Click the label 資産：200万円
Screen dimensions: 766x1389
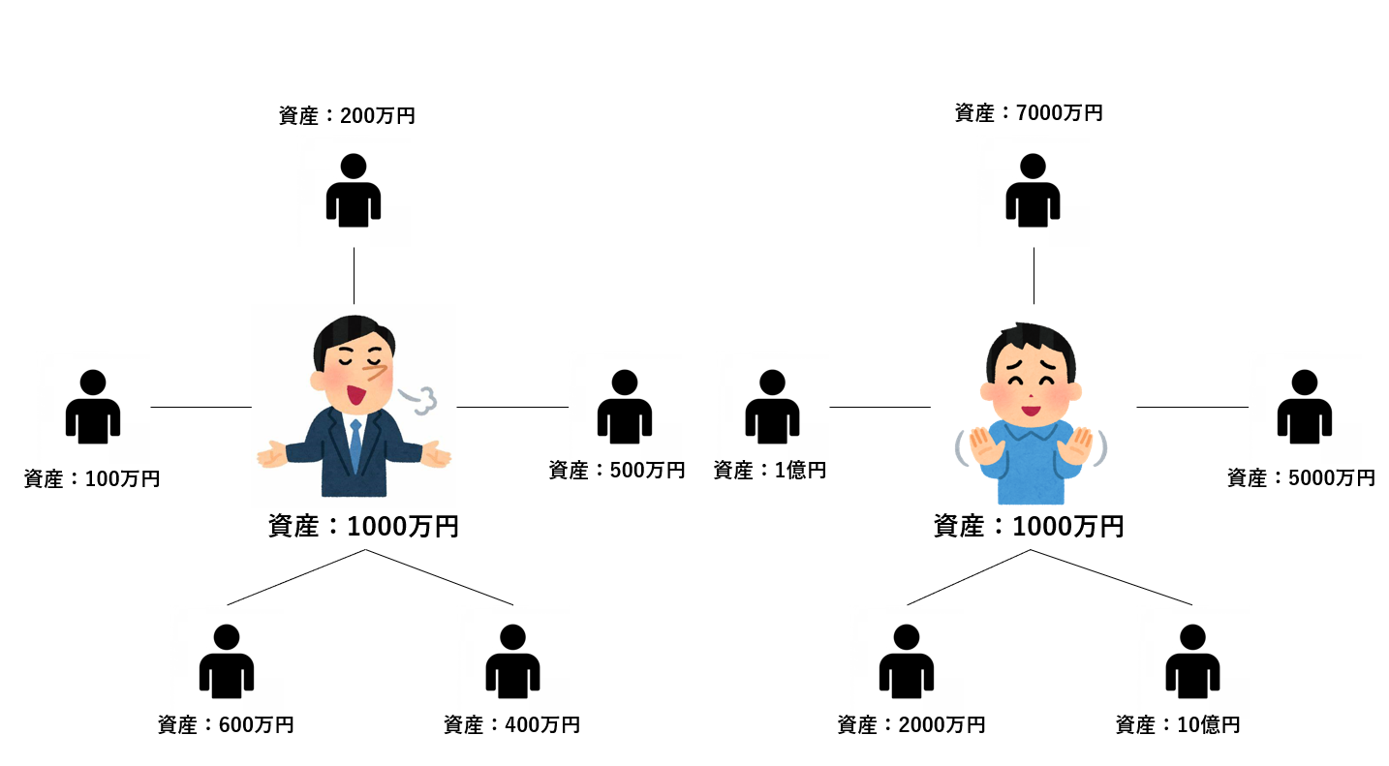347,116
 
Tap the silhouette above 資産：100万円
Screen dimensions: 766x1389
93,407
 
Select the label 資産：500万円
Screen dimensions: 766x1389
617,471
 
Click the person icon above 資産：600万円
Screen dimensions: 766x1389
226,661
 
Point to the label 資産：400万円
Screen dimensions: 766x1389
511,724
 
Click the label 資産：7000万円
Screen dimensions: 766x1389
1028,113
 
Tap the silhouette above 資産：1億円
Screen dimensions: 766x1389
772,407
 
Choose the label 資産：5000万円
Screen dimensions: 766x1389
1301,477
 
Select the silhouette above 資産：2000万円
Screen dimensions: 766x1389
906,661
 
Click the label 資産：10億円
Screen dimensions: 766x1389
1178,724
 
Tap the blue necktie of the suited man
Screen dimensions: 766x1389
355,445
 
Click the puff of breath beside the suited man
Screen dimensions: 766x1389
418,398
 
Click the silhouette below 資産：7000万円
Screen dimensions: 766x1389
1033,190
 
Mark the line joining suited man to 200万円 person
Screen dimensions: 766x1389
354,276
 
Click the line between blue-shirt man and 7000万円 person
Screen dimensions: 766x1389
1034,276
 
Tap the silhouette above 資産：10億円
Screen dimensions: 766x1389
1192,661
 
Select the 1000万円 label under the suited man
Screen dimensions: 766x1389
363,527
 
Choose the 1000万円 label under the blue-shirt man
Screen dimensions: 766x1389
1029,527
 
